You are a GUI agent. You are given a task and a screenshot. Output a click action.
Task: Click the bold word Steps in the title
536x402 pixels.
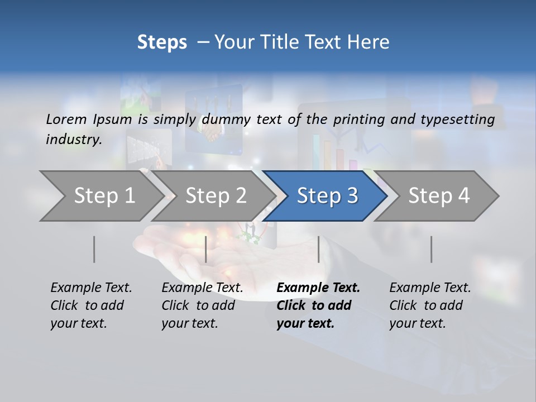point(162,42)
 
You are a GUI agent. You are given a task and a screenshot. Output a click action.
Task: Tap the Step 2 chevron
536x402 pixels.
point(216,196)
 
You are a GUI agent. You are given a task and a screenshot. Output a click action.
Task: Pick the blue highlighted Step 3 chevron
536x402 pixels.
point(327,196)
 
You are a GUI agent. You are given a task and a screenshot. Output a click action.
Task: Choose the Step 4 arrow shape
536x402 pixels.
point(439,196)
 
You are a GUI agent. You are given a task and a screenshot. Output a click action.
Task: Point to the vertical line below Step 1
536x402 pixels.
point(94,249)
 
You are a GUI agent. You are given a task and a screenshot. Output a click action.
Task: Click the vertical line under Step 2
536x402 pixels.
point(206,249)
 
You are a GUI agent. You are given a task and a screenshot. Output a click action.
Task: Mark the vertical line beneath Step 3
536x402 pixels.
point(318,249)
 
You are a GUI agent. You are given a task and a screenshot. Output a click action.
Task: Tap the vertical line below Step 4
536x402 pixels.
point(431,249)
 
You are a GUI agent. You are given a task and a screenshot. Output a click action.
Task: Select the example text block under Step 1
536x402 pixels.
point(90,305)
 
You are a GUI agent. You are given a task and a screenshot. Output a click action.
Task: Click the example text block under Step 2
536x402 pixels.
point(202,305)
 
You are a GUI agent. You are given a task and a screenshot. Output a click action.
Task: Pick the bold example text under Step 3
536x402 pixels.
point(318,305)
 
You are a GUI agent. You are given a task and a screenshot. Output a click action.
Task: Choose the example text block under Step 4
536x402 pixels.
point(429,305)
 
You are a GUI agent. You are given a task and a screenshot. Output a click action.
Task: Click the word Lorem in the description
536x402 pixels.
point(66,119)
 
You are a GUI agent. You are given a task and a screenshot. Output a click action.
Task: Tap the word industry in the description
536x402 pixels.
point(73,140)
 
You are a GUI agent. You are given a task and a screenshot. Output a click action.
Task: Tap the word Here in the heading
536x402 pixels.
point(369,42)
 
